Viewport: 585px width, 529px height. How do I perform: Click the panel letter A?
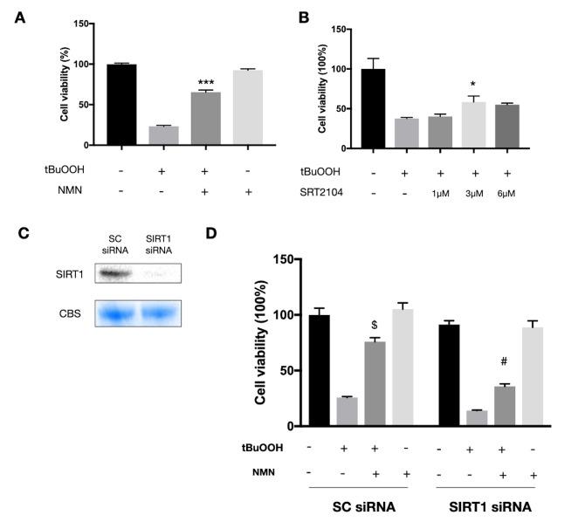pos(19,15)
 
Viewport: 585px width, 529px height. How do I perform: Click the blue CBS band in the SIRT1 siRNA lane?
pos(158,312)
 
